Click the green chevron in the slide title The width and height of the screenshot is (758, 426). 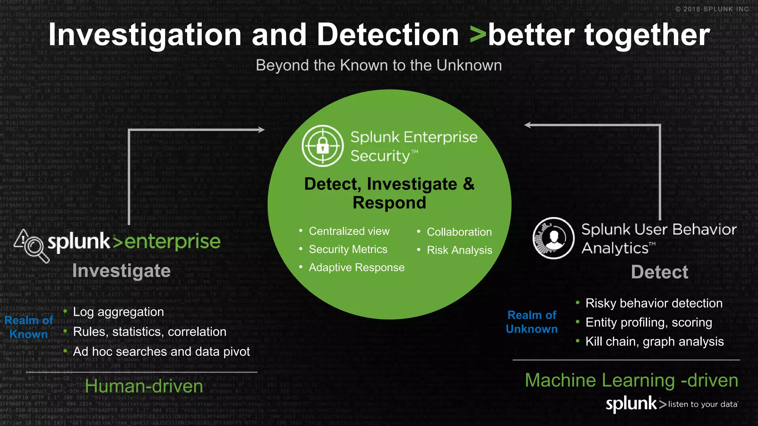click(478, 35)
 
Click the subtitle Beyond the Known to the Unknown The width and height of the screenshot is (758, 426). click(379, 65)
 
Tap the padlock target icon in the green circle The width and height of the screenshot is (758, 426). click(322, 146)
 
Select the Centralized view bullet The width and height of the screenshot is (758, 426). click(349, 231)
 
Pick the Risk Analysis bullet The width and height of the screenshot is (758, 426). click(459, 250)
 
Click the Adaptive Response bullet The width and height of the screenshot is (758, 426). click(356, 267)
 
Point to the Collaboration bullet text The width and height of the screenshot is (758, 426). click(459, 232)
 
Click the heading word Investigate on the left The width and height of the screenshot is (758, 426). click(121, 271)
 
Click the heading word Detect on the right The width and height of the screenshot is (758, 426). click(660, 272)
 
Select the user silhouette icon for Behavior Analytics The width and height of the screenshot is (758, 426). click(553, 238)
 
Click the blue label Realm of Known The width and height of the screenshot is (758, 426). click(29, 327)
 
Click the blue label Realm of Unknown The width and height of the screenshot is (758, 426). click(531, 322)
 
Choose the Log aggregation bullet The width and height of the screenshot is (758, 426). click(118, 312)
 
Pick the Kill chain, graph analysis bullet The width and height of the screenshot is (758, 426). click(654, 341)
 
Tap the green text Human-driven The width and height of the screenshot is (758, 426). click(144, 386)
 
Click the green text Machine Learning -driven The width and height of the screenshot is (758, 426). click(631, 381)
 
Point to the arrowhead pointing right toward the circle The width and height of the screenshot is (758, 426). click(261, 130)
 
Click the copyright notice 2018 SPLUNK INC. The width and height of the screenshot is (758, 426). click(713, 9)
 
